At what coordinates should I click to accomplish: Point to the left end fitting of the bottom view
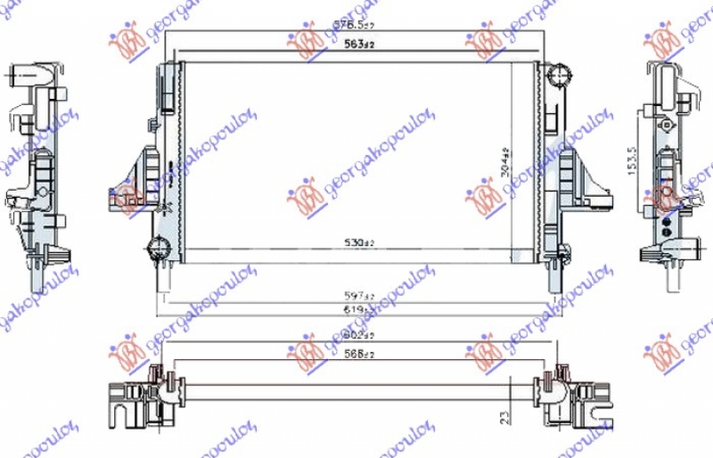(143, 397)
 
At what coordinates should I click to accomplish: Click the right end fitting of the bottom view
(570, 397)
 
